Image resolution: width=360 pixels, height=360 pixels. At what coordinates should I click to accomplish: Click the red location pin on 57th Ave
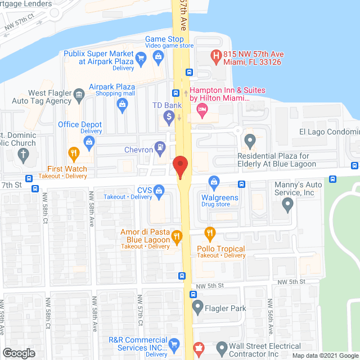tap(180, 166)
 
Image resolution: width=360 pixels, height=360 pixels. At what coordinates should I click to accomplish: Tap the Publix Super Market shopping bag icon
tap(141, 57)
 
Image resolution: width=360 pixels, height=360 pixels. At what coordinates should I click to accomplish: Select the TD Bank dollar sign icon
tap(168, 117)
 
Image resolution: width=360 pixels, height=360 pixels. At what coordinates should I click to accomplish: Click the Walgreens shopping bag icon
tap(214, 182)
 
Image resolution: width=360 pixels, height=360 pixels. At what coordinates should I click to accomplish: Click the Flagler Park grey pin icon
tap(197, 307)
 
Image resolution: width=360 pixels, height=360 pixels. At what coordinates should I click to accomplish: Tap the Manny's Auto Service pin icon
tap(288, 205)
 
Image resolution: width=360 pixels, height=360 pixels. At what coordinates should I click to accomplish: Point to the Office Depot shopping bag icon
tap(89, 142)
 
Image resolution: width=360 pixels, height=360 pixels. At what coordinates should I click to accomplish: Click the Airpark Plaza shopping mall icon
tap(121, 103)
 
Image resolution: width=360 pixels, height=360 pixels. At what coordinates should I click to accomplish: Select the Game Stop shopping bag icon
tap(159, 56)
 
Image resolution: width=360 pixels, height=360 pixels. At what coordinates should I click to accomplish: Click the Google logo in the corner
tap(19, 353)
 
